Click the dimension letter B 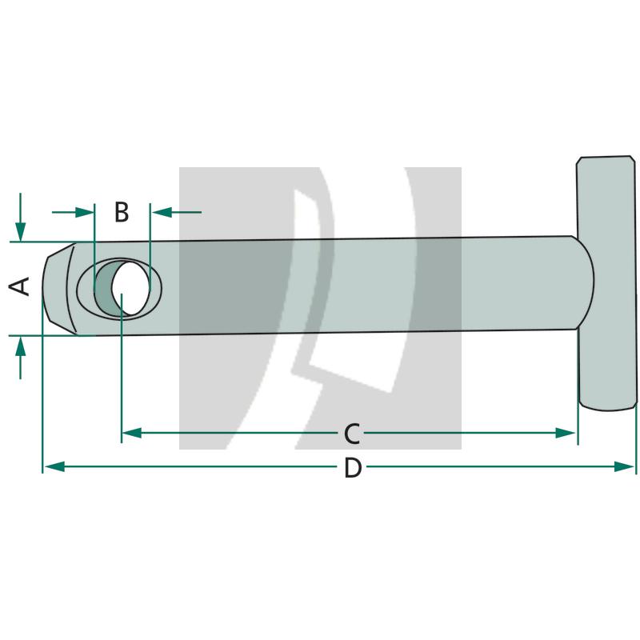point(121,213)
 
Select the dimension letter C point(351,434)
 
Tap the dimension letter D point(352,468)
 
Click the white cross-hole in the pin point(130,287)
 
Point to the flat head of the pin point(606,284)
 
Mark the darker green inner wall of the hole point(104,289)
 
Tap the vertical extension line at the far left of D point(42,400)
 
